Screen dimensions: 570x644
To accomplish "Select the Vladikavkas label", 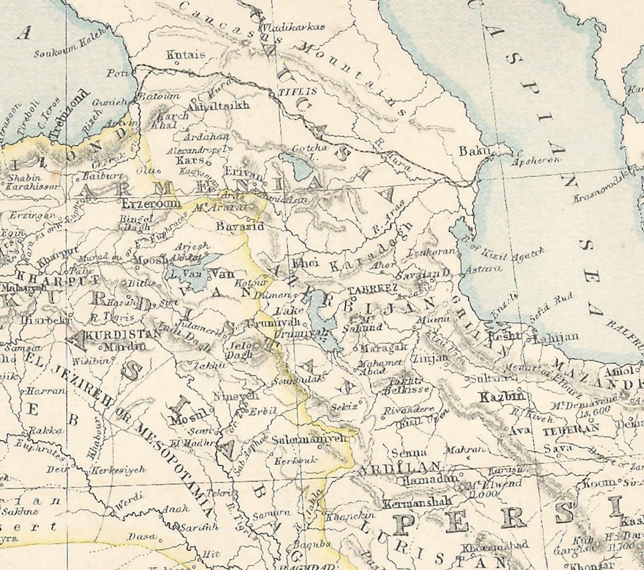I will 292,28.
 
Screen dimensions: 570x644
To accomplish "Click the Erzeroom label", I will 151,202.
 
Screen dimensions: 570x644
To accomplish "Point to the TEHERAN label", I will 571,430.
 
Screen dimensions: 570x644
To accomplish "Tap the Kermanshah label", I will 417,503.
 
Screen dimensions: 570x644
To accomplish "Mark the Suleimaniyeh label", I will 310,439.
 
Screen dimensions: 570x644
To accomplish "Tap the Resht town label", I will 504,336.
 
